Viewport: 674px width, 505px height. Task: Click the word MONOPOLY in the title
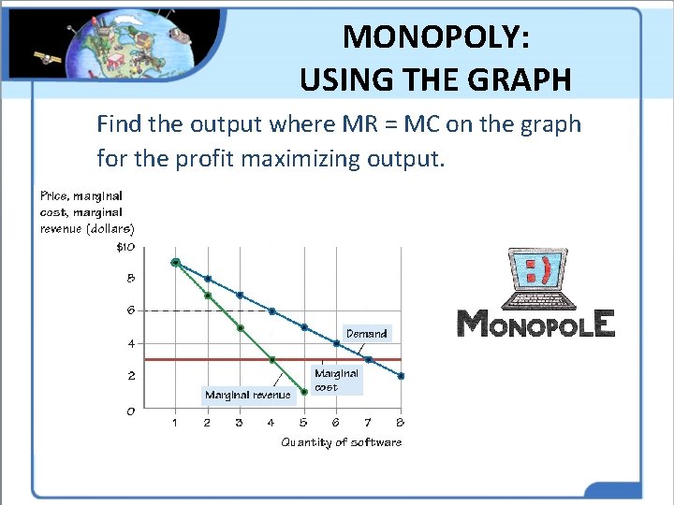click(x=436, y=37)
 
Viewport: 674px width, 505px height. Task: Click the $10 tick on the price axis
click(x=125, y=248)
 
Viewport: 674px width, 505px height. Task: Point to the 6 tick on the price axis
click(x=130, y=310)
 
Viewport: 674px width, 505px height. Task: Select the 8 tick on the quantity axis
click(x=401, y=423)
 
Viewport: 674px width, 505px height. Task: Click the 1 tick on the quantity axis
click(x=175, y=423)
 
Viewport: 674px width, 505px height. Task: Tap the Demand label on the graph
click(x=366, y=333)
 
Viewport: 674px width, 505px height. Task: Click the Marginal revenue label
click(x=247, y=396)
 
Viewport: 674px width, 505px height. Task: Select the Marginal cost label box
click(x=336, y=380)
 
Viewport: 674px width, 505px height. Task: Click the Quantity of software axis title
click(x=341, y=442)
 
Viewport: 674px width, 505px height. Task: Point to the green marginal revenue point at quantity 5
click(x=304, y=392)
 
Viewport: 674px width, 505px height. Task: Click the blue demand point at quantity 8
click(x=401, y=376)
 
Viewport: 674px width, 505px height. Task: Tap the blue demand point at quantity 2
click(x=208, y=279)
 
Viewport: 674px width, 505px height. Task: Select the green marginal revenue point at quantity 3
click(x=240, y=328)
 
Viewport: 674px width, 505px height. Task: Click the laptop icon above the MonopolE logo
click(x=535, y=278)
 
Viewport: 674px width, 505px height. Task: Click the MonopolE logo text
click(x=535, y=324)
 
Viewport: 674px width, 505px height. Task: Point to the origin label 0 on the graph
click(x=130, y=410)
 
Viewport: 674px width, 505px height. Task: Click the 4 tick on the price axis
click(x=130, y=343)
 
